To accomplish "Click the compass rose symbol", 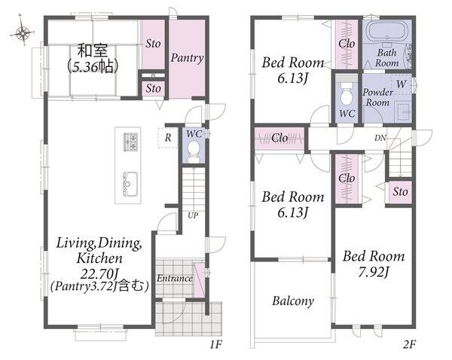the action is (23, 32).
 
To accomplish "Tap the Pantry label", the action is (187, 58).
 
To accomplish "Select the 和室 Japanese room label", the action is (93, 50).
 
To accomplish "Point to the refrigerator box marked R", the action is (168, 138).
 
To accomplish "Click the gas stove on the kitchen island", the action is (130, 142).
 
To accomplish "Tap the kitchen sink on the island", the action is (130, 184).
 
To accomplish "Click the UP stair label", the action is (193, 215).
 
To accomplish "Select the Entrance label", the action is (175, 279).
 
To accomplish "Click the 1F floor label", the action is (216, 344).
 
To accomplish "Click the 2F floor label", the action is (409, 344).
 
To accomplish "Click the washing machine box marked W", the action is (402, 84).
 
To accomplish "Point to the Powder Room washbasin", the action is (403, 111).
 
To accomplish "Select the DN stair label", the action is (380, 138).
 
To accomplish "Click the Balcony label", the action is (293, 301).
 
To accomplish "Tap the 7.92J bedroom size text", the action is (374, 272).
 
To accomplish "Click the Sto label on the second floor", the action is (400, 191).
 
